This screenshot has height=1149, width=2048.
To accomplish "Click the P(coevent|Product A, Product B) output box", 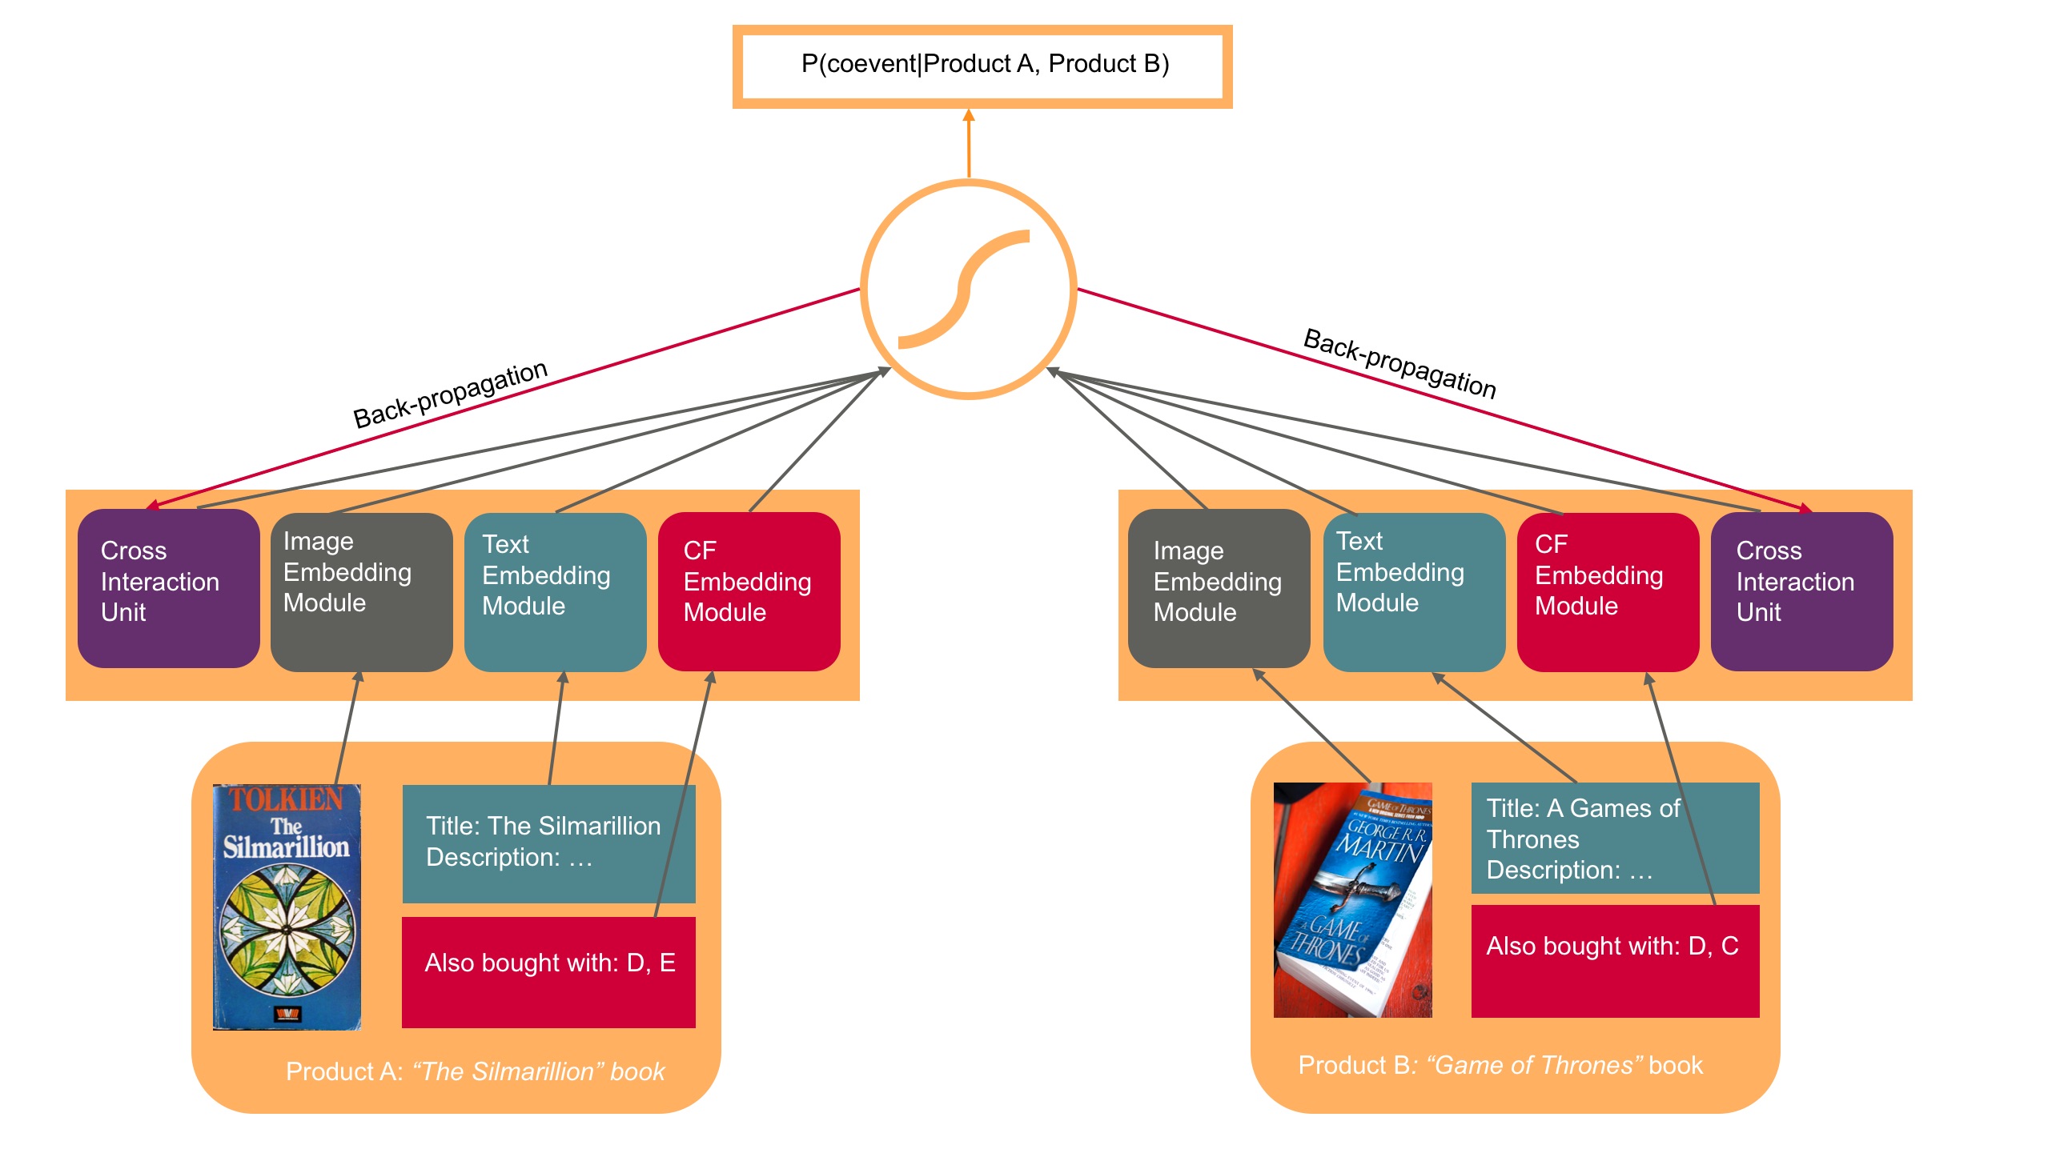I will (x=982, y=66).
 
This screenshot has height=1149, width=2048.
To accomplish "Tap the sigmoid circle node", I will (x=969, y=289).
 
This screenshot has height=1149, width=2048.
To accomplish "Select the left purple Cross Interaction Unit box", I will (x=168, y=588).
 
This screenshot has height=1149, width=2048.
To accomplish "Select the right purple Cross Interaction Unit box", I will (x=1801, y=591).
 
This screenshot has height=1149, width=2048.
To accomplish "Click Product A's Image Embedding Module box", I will (x=361, y=591).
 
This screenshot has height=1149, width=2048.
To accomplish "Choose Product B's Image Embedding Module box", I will (x=1218, y=588).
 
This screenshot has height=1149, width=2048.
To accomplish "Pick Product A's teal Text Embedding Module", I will (x=555, y=591).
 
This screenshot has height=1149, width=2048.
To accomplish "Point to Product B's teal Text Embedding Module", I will (x=1413, y=591).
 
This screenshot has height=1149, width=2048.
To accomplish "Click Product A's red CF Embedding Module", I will (x=749, y=591).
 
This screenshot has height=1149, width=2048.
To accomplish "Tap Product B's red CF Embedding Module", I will (x=1607, y=591).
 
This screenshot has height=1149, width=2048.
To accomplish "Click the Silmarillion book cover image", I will (x=287, y=907).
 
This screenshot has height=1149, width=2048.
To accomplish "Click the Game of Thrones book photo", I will (x=1352, y=899).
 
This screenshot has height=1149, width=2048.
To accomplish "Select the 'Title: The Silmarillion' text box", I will (x=548, y=843).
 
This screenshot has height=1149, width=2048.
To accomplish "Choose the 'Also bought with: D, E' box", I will (x=548, y=971).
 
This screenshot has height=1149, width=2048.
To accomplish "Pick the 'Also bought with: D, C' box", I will (x=1615, y=961).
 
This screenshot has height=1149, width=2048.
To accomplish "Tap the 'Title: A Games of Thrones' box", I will (x=1615, y=838).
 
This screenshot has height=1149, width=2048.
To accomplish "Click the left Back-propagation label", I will (x=450, y=394).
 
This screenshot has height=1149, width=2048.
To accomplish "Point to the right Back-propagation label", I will (x=1399, y=363).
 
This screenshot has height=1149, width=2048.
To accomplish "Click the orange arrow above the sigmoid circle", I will (x=969, y=143).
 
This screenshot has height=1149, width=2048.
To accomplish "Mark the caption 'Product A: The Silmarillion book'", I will (x=475, y=1071).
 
